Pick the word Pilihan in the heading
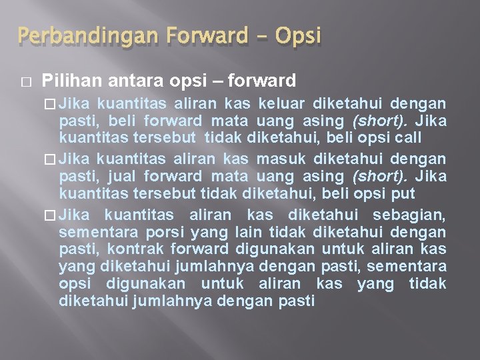tap(66, 81)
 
